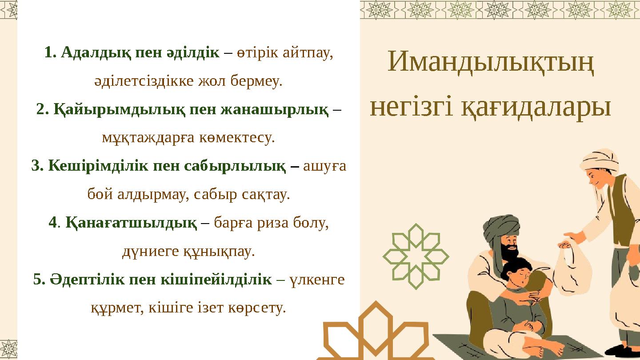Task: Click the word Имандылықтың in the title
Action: [491, 62]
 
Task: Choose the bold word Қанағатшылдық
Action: [131, 223]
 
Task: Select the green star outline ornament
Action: [416, 256]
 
